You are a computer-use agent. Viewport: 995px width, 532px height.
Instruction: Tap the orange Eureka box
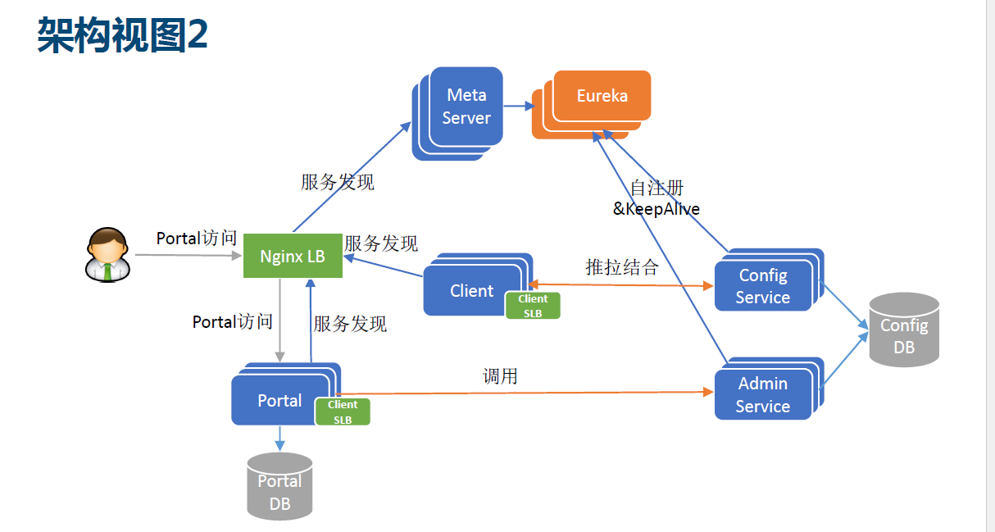(602, 96)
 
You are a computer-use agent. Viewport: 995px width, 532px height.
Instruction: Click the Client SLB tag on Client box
(533, 306)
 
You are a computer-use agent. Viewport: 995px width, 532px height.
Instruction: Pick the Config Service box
(762, 286)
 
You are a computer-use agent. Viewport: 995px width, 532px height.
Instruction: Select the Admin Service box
(762, 394)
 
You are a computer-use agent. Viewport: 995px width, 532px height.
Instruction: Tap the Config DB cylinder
(903, 330)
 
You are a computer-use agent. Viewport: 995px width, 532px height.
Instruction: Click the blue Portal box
(279, 401)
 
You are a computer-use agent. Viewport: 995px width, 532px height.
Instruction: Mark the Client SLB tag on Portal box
(343, 412)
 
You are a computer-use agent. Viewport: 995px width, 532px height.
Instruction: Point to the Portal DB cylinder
(279, 487)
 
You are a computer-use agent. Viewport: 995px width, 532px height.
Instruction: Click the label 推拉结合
(622, 267)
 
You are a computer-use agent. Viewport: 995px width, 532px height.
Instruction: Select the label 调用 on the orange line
(500, 376)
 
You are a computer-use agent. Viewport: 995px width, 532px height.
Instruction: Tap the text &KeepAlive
(657, 209)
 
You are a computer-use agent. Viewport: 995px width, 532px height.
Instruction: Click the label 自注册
(657, 189)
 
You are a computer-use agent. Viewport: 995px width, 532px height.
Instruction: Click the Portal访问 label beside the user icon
(197, 239)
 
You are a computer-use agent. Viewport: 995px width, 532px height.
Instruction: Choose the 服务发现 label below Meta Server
(338, 182)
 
